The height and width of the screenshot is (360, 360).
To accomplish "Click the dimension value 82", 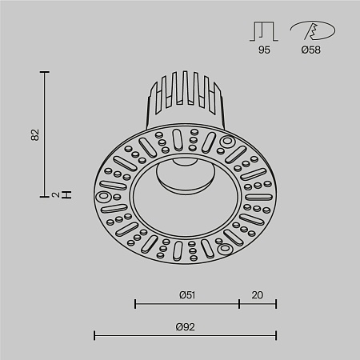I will (34, 134).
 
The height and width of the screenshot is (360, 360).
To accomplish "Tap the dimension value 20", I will (257, 294).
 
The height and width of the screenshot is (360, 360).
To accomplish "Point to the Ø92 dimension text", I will (186, 326).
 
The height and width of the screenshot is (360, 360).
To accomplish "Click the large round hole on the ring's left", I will (103, 196).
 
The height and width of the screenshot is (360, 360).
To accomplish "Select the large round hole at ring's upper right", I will (226, 143).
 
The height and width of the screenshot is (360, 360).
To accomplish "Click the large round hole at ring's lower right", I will (227, 249).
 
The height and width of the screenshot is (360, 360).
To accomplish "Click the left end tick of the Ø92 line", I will (95, 335).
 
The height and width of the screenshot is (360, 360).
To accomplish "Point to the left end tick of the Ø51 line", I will (135, 304).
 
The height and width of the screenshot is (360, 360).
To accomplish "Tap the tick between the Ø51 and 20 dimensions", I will (239, 304).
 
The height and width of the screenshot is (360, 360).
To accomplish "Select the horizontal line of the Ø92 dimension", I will (186, 335).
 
